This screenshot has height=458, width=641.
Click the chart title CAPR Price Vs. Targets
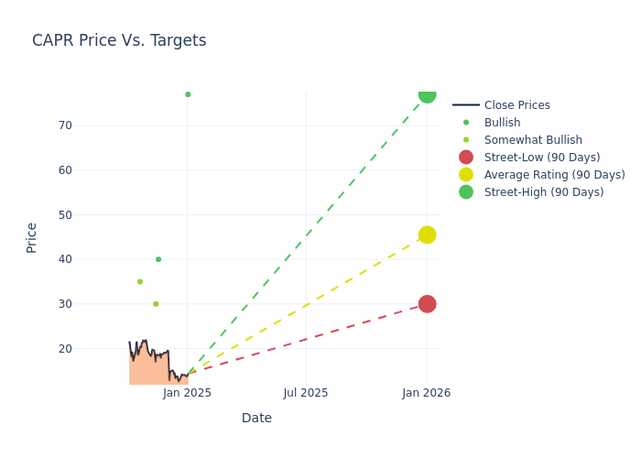click(119, 40)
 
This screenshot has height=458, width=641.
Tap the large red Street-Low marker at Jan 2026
click(427, 304)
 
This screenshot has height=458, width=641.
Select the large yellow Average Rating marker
click(427, 234)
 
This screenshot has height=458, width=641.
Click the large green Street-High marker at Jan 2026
click(427, 94)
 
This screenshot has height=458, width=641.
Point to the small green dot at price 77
click(188, 94)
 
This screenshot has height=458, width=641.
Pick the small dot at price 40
click(158, 259)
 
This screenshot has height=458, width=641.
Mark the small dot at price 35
click(140, 281)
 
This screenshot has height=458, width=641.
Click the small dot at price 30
click(156, 304)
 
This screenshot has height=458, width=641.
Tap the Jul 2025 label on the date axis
click(306, 393)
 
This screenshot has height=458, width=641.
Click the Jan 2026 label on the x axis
click(427, 393)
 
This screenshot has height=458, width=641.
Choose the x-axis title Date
click(256, 418)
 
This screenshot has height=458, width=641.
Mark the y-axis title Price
click(32, 237)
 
